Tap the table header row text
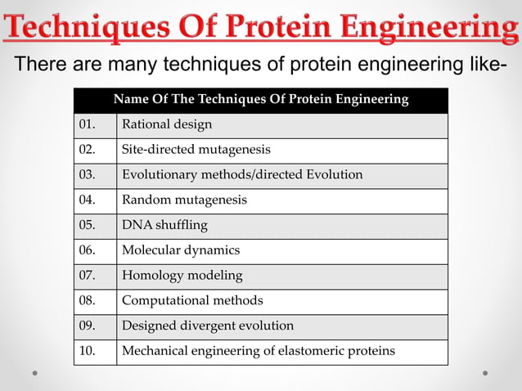pos(260,100)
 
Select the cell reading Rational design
pos(167,124)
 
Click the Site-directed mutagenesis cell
pos(196,150)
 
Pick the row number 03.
pos(87,175)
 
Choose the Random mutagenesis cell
pos(184,200)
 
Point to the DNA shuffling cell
pos(164,225)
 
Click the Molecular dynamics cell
pos(181,250)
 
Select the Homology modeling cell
pos(182,276)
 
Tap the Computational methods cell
pos(192,300)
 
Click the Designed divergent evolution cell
pos(208,326)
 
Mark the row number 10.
pos(87,351)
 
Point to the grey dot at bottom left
pos(35,373)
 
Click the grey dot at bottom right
pos(485,373)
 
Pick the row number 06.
pos(87,250)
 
